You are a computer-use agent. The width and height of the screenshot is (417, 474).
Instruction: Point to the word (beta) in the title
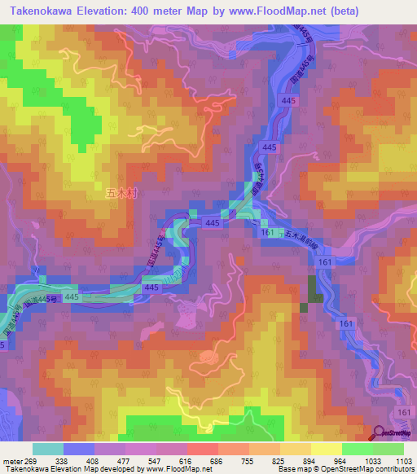tap(356, 11)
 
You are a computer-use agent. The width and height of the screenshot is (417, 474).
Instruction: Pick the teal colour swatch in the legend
tap(47, 449)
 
